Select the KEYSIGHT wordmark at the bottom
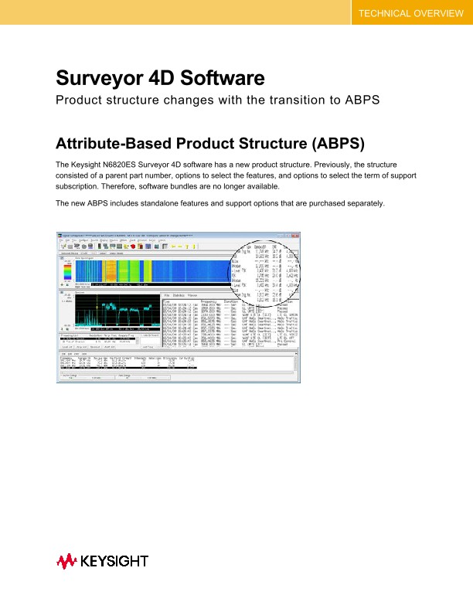(x=113, y=561)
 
